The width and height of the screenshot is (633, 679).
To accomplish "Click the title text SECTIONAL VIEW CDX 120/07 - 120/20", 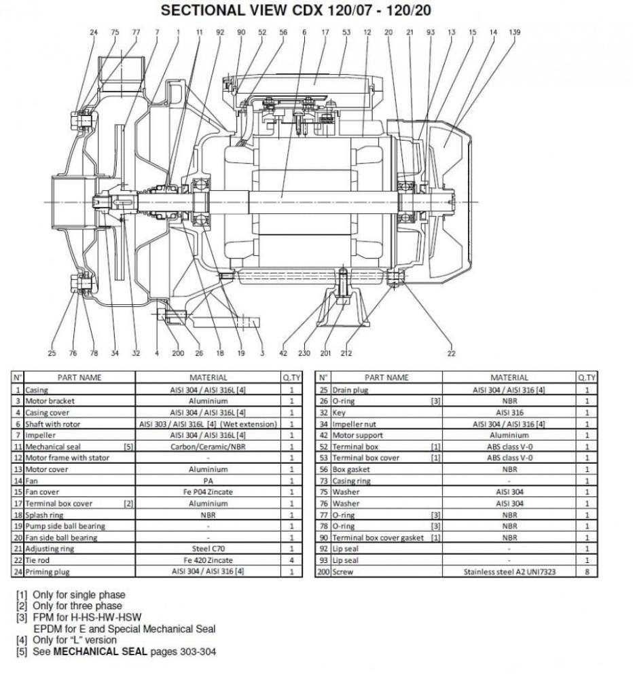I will tap(295, 10).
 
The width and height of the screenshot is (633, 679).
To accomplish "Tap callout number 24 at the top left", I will tap(93, 32).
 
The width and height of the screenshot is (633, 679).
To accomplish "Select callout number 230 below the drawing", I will tap(304, 353).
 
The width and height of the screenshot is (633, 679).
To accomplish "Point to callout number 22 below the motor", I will tap(452, 353).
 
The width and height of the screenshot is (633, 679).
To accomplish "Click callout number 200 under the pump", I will tap(178, 353).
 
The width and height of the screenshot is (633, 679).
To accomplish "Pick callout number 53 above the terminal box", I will tap(346, 32).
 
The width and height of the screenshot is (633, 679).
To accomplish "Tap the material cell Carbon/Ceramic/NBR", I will tap(208, 447).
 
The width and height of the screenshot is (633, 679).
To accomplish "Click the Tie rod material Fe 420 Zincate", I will tap(208, 560).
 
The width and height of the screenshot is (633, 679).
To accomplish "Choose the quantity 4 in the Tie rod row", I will tap(292, 560).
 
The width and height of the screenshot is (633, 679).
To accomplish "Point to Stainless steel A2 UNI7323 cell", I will tap(509, 572).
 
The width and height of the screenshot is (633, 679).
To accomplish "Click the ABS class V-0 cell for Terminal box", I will tap(509, 447).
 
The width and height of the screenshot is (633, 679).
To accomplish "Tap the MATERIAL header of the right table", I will tap(509, 378).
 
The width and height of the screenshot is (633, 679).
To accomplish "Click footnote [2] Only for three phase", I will tap(70, 606).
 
